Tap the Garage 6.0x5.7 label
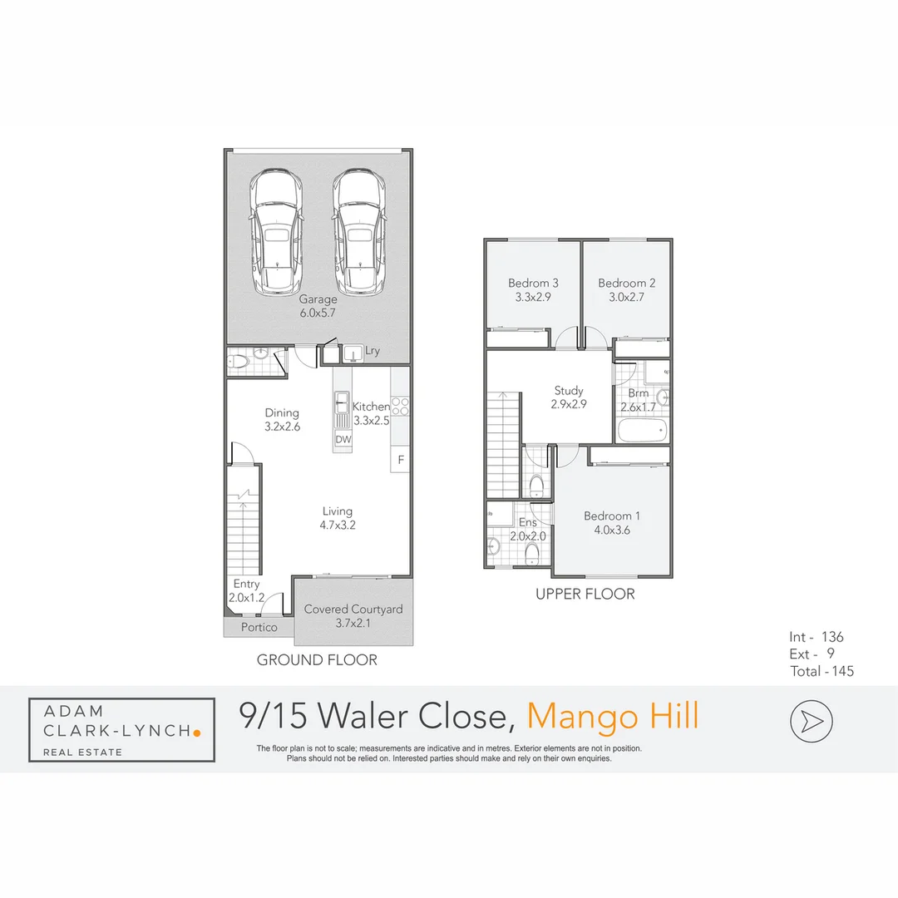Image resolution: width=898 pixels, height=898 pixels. point(318,306)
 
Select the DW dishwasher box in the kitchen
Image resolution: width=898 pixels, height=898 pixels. point(343,439)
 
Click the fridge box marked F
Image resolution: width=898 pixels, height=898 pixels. point(400,459)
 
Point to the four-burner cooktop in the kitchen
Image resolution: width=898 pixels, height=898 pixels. point(400,407)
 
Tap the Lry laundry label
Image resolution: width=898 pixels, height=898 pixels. point(373,351)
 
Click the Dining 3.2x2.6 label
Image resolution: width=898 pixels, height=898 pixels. point(282,419)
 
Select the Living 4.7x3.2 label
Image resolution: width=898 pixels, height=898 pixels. point(338,518)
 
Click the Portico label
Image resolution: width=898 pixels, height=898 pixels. point(259,627)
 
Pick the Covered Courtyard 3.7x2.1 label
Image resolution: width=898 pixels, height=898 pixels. point(353,616)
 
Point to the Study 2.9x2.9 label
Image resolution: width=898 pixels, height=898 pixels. point(569,397)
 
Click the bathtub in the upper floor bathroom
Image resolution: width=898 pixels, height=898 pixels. point(641,431)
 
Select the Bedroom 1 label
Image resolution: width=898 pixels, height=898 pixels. point(611,522)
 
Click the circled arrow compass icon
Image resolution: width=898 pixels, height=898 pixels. point(812,721)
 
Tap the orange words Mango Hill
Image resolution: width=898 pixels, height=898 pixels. point(614,717)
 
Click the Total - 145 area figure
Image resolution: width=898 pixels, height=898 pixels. point(822,671)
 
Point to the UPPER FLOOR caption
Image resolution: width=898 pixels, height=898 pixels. point(585,594)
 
